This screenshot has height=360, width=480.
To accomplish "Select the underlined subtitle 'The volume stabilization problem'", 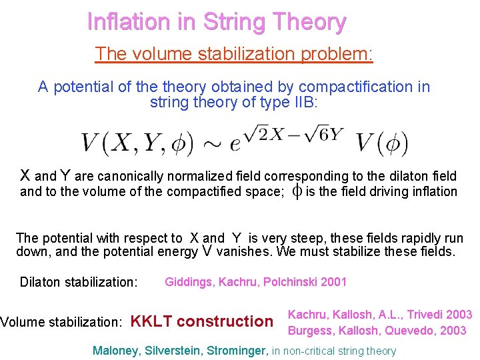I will (x=234, y=53).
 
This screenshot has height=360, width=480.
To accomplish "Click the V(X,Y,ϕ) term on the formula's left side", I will (x=137, y=142).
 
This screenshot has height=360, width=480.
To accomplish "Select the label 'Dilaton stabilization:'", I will (x=79, y=282).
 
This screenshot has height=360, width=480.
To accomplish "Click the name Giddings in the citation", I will (x=189, y=281).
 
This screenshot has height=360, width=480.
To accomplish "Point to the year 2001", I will (x=333, y=281).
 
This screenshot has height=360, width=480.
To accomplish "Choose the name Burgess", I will (x=309, y=330).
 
